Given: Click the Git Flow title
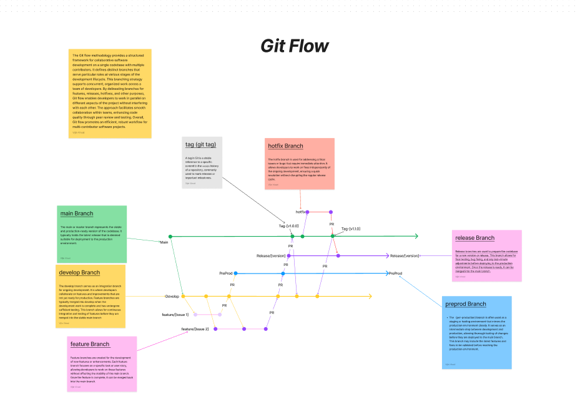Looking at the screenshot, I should pos(294,46).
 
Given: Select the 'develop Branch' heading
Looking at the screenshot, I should pos(79,272).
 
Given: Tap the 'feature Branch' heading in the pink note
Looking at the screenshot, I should pos(90,344).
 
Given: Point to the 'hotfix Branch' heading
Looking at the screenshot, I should pos(285,146).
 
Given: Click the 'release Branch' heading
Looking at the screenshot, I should pos(474,238).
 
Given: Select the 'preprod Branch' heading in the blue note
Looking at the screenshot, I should pos(466,304).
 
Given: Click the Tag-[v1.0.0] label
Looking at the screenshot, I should pos(288,226).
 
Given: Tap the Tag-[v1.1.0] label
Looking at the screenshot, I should pos(350,229).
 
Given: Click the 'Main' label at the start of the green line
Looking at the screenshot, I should pos(164,242).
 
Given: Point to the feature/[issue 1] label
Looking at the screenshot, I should pos(175,314).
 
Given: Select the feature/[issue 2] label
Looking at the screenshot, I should pos(195,328).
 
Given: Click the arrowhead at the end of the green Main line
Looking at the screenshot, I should pos(416,236).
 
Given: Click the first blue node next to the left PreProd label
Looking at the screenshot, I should pos(236,273).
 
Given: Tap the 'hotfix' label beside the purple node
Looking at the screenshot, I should pos(301,212).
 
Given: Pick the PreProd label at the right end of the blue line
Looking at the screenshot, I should pos(395,274).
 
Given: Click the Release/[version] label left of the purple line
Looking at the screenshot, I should pos(271,255).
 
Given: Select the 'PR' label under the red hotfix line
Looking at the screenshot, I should pos(332,224).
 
